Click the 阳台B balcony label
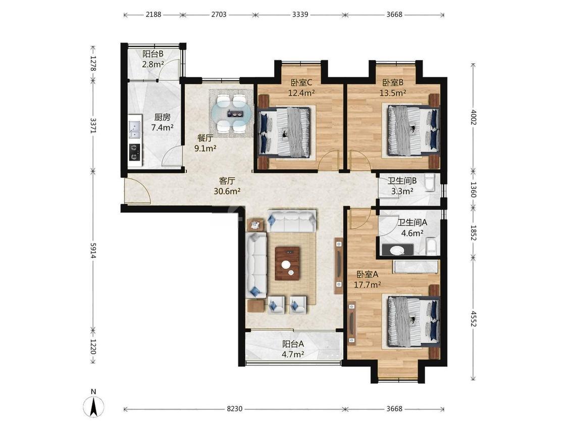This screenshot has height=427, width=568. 153,54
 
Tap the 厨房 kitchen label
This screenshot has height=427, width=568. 162,117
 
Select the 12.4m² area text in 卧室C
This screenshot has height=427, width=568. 301,93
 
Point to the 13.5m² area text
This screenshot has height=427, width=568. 393,93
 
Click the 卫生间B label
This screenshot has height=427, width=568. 402,180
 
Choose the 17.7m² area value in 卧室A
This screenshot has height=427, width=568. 368,284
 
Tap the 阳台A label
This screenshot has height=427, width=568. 293,344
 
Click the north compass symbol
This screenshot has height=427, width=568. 93,404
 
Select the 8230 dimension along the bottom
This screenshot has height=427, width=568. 234,409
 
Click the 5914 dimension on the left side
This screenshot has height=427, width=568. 93,251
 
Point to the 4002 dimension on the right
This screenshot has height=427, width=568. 473,117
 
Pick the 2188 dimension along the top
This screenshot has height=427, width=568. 153,15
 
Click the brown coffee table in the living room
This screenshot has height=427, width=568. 287,263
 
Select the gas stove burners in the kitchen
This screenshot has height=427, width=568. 135,152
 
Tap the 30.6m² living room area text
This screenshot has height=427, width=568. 227,191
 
